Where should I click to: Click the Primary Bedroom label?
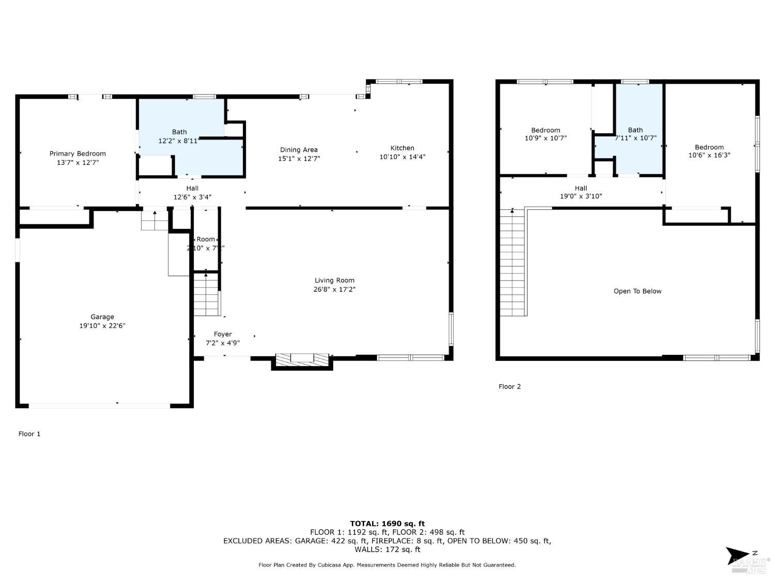tap(78, 153)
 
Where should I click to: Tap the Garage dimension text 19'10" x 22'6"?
tap(102, 326)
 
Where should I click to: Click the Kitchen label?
tap(402, 148)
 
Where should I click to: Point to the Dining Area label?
tap(299, 150)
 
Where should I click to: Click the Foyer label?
tap(223, 334)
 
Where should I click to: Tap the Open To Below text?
tap(637, 291)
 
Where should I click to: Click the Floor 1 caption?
tap(29, 434)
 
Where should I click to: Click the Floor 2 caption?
tap(509, 386)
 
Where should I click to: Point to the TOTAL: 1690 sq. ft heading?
tap(387, 524)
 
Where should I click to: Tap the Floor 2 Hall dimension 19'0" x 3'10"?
tap(581, 196)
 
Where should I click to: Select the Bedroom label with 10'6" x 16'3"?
tap(709, 147)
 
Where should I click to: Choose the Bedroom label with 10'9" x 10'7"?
tap(546, 130)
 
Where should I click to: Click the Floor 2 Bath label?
tap(635, 130)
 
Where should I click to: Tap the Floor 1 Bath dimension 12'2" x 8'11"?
tap(179, 140)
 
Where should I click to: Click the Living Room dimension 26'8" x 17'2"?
tap(334, 289)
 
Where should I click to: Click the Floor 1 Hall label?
tap(192, 188)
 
